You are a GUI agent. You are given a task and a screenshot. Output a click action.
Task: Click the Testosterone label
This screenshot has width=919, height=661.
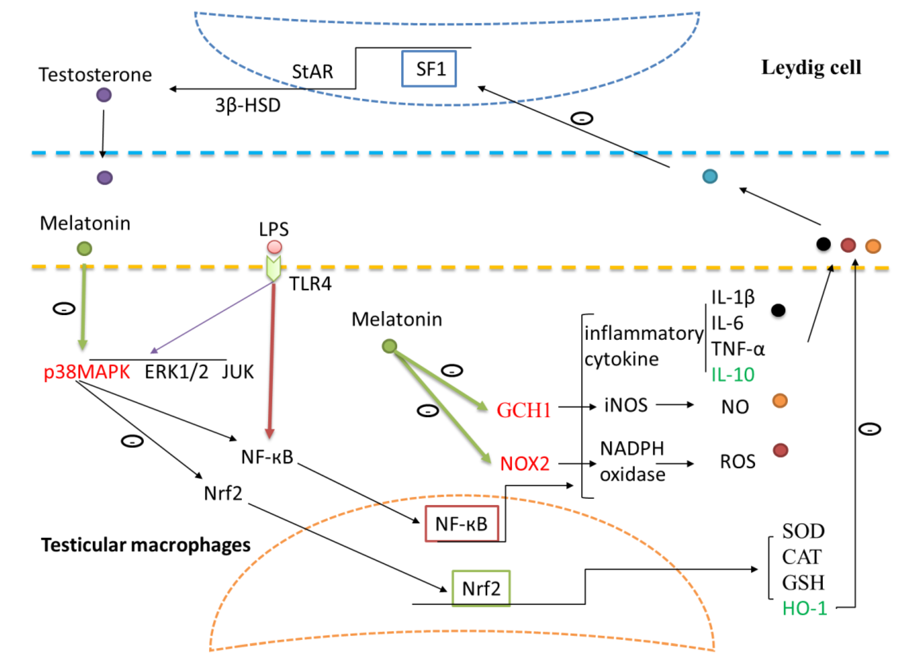coord(95,75)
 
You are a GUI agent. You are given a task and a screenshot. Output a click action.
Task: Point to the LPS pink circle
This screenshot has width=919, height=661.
coord(274,247)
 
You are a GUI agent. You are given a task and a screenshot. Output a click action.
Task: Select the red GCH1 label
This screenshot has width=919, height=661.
coord(524,410)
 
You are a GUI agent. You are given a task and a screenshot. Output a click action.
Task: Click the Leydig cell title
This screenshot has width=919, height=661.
coord(811,67)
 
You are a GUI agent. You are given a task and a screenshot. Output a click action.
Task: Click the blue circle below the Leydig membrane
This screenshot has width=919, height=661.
coord(710,176)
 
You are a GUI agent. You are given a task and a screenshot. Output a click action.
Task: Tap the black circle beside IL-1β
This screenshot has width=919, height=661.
coord(778,310)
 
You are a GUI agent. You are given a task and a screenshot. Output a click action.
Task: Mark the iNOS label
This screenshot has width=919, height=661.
coord(626,405)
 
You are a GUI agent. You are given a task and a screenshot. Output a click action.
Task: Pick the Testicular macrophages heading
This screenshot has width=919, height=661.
coord(146,545)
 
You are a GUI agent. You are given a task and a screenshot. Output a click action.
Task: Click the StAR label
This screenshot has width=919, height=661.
coord(313,72)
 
